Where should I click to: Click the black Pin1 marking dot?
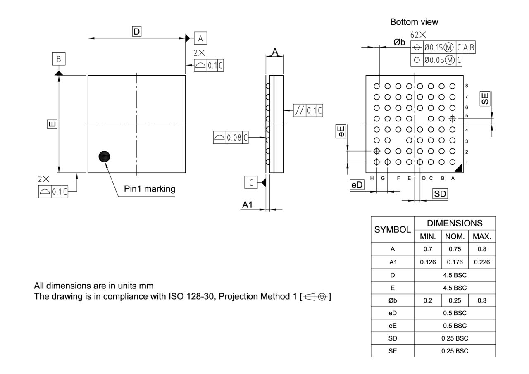coord(105,156)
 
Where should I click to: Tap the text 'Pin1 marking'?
coord(150,189)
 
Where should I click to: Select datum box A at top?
coord(200,38)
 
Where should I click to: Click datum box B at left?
coord(59,60)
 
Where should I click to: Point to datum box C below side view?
coord(251,182)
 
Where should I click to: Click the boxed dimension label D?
coord(136,31)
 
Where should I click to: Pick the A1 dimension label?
coord(247,205)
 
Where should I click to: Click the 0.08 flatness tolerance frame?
coord(231,138)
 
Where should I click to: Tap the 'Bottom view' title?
coord(414,22)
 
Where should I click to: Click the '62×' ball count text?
coord(418,35)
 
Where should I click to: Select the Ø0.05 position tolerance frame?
coord(436,60)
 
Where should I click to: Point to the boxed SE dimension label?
coord(485,98)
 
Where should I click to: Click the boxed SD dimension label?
coord(440,193)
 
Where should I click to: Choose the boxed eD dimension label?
coord(357,185)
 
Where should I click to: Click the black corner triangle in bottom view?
coord(458,168)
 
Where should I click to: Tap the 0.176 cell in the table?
coord(455,262)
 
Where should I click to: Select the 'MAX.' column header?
coord(482,237)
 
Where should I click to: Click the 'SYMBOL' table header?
coord(392,229)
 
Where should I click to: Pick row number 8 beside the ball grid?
coord(467,86)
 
